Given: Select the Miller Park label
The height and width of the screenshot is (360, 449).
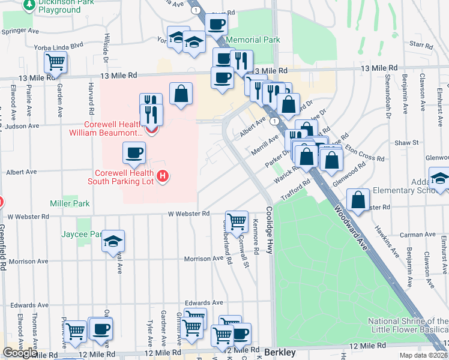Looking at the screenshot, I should click(70, 204).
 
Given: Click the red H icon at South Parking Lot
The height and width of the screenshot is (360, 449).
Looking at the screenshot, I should click(163, 176).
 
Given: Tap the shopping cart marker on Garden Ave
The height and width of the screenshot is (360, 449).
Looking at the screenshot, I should click(55, 61).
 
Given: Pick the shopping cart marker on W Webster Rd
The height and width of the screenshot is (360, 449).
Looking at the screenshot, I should click(237, 220).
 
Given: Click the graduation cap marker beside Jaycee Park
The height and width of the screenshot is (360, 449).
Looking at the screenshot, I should click(113, 241).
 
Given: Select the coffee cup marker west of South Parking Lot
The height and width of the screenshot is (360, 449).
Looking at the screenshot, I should click(134, 152).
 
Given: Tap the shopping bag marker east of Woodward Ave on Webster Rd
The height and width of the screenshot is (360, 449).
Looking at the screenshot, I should click(358, 200).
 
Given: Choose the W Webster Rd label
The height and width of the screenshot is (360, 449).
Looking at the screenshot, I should click(188, 214).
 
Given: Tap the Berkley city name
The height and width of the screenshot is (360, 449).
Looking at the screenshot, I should click(279, 352).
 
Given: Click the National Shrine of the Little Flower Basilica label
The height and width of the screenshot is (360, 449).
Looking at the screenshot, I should click(408, 325).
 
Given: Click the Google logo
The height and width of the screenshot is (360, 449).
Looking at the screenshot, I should click(19, 353).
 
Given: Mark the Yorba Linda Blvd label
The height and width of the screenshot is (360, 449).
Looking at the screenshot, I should click(59, 45).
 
